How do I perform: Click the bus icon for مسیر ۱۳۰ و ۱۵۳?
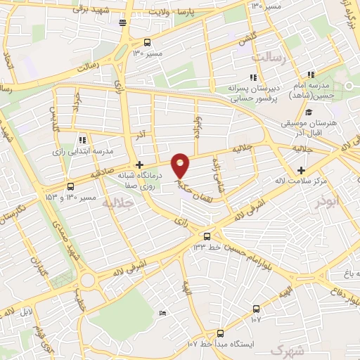[70, 186]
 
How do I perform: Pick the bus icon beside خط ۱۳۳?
[207, 236]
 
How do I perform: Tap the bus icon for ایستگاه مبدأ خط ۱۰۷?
[220, 333]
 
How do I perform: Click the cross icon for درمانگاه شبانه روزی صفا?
[140, 164]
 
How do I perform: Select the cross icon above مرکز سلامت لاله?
[301, 170]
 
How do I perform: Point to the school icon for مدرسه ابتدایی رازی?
[82, 139]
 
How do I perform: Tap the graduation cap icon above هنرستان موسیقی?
[308, 112]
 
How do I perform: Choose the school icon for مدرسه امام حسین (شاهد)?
[310, 74]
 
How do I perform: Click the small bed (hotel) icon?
[163, 312]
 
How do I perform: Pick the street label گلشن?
[247, 36]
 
